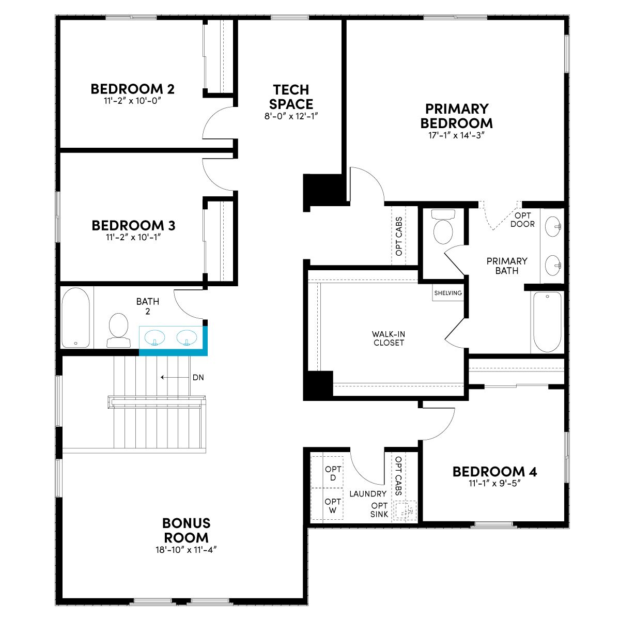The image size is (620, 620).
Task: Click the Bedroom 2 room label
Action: (133, 89)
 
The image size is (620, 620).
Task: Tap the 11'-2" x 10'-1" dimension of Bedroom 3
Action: (133, 238)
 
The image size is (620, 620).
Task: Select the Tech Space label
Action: (291, 97)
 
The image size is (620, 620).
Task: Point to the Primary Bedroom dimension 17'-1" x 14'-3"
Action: (456, 135)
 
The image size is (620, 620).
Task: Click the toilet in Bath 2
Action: (118, 330)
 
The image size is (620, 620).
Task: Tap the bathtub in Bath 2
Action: (75, 318)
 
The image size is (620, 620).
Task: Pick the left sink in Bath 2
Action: (155, 338)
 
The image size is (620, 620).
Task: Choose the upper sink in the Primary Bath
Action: (553, 226)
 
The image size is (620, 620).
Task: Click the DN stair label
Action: (198, 377)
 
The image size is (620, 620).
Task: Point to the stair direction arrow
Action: (175, 377)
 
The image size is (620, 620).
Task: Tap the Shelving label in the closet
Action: (448, 293)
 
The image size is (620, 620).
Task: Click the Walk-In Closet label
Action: (389, 338)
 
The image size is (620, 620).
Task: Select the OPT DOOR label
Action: (522, 220)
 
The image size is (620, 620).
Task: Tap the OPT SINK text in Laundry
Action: (379, 510)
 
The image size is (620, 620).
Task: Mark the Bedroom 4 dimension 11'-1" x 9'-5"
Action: (494, 483)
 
